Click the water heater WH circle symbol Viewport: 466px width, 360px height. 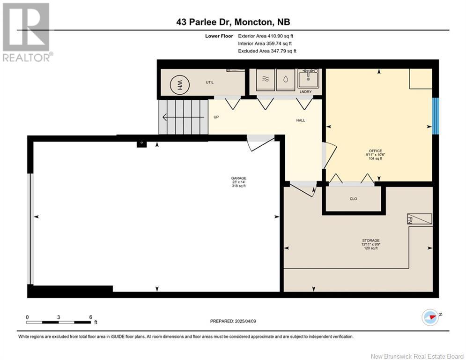point(178,85)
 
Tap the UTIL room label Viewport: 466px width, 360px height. point(210,82)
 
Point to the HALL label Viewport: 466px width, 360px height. point(301,120)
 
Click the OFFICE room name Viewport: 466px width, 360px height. point(375,150)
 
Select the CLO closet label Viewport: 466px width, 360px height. point(354,199)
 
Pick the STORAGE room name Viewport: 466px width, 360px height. point(370,240)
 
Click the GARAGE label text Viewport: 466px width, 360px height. point(238,178)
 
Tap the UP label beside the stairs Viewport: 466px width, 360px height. point(216,117)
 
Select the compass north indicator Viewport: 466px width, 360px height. point(430,317)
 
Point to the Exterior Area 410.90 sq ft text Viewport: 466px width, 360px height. point(266,36)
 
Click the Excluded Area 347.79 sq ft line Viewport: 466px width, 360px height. point(267,51)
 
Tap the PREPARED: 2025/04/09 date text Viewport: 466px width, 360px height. point(234,321)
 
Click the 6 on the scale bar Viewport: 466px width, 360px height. point(90,317)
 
